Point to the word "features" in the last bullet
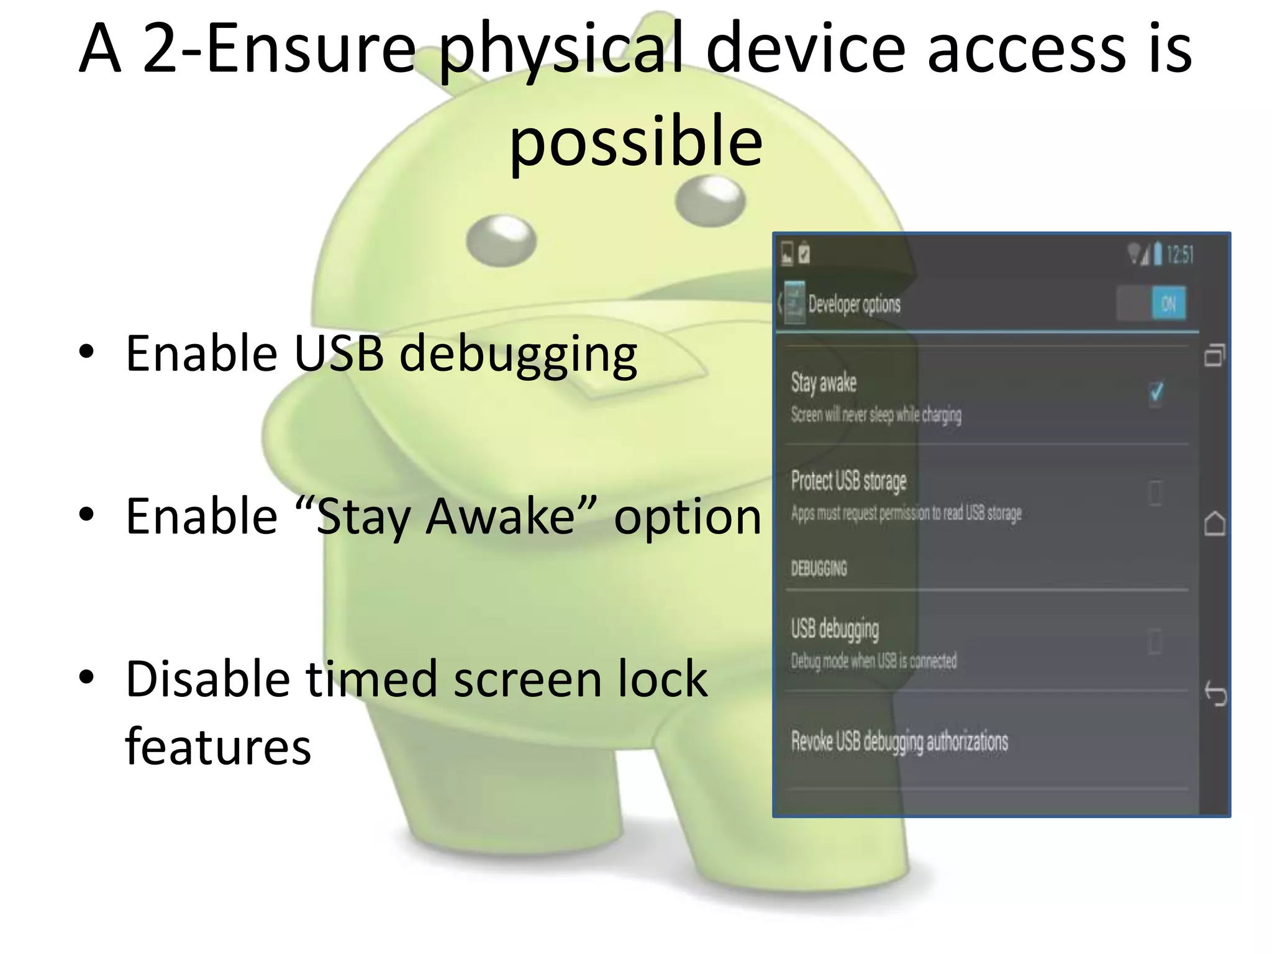pyautogui.click(x=218, y=747)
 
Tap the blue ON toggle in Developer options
pyautogui.click(x=1168, y=304)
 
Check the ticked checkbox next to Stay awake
pyautogui.click(x=1156, y=393)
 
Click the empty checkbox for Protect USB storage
pyautogui.click(x=1155, y=493)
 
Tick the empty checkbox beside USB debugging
pyautogui.click(x=1155, y=641)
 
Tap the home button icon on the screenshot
pyautogui.click(x=1215, y=524)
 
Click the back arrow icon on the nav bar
pyautogui.click(x=1215, y=694)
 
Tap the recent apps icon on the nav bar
pyautogui.click(x=1215, y=355)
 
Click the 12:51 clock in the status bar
pyautogui.click(x=1179, y=255)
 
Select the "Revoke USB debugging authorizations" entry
pyautogui.click(x=899, y=742)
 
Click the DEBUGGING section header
pyautogui.click(x=819, y=568)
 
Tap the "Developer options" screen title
pyautogui.click(x=854, y=304)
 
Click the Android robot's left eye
pyautogui.click(x=501, y=240)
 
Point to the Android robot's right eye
pyautogui.click(x=710, y=200)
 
